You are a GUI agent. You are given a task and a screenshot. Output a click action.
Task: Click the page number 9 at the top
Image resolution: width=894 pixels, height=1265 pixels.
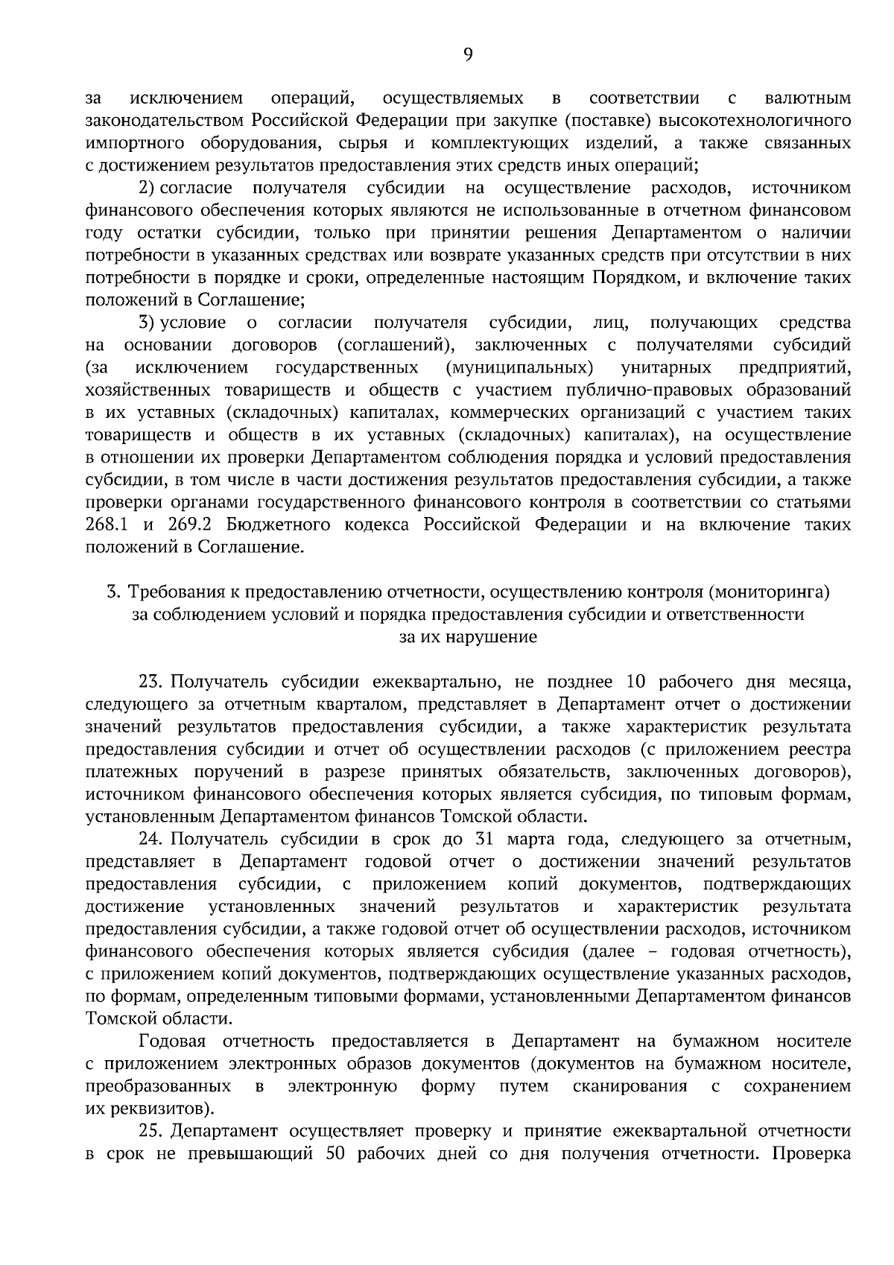468,53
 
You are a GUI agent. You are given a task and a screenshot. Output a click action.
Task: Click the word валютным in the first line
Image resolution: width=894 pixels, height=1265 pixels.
808,98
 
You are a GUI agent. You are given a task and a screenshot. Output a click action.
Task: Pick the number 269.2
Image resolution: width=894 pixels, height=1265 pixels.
191,524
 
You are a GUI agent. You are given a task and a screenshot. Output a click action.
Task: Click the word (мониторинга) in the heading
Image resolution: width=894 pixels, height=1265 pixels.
769,592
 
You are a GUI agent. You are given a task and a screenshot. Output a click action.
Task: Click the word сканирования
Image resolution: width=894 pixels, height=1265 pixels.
630,1086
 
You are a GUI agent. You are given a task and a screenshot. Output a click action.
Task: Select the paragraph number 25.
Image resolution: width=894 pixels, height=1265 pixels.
151,1131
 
